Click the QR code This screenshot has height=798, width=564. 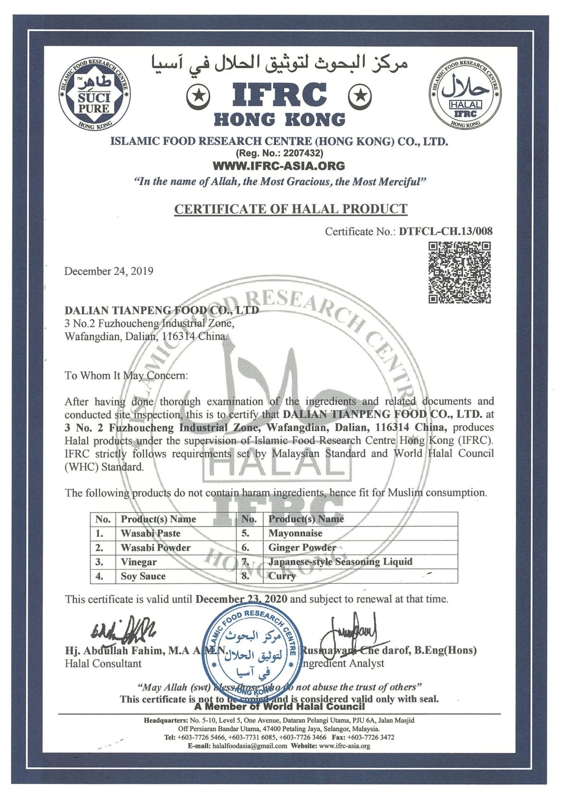[459, 273]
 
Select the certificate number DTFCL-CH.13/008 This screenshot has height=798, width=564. [445, 231]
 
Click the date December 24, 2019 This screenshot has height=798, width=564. [109, 271]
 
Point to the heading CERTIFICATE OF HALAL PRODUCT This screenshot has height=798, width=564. [291, 209]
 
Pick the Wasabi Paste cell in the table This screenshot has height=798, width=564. [150, 533]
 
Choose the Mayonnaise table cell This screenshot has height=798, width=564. [295, 533]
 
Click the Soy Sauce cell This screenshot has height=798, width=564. [143, 576]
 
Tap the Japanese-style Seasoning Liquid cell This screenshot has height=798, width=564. [340, 562]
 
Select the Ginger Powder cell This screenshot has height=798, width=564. [302, 547]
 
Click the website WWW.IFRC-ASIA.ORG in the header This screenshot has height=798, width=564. [279, 165]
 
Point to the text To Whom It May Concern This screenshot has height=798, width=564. [126, 375]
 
